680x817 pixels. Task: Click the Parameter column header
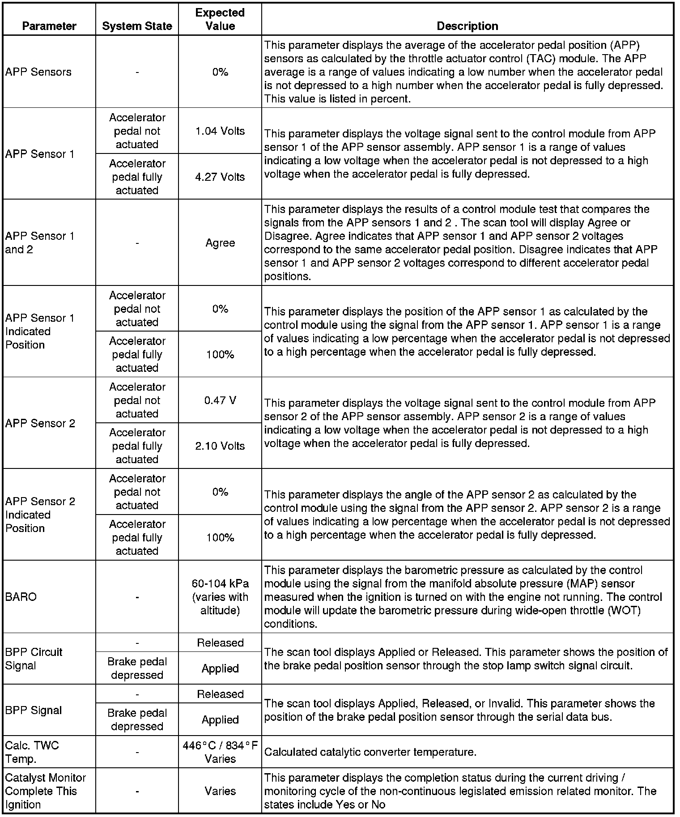49,26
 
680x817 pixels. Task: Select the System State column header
137,26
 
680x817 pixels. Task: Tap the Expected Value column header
220,19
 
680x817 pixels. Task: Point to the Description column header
467,26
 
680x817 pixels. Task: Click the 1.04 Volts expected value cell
220,131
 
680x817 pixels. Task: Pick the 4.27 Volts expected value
220,177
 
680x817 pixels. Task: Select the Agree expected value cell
220,243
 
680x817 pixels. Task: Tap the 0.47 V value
220,400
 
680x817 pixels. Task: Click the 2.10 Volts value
220,446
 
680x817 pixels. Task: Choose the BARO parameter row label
21,597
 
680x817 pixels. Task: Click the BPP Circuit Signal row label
34,659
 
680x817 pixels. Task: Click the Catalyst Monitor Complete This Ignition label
45,791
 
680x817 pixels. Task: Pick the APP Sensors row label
38,72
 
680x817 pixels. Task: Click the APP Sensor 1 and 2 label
39,243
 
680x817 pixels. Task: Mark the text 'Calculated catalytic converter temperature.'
370,752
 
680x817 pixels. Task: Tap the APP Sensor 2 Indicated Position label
40,515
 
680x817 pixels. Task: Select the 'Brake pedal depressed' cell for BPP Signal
137,719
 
